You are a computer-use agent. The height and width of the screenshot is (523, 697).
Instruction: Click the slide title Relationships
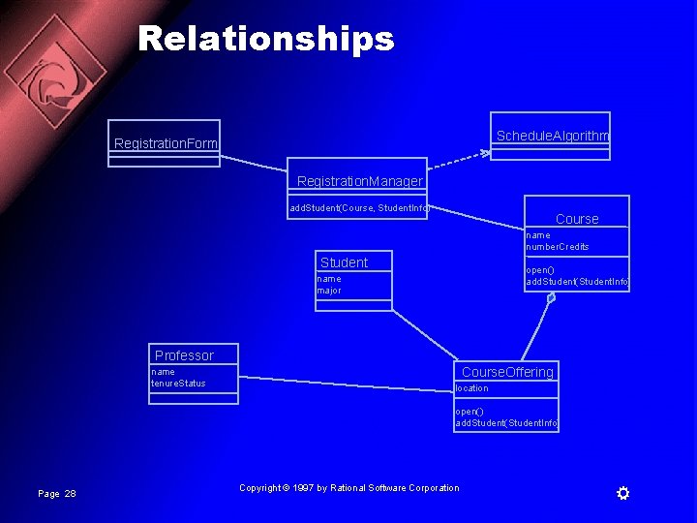(266, 39)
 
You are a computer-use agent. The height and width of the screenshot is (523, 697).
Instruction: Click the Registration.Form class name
(166, 144)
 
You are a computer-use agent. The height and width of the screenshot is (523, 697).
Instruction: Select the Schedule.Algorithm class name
(552, 136)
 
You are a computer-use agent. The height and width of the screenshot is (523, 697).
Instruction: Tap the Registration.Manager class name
(359, 181)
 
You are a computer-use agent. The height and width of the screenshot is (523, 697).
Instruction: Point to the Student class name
(344, 262)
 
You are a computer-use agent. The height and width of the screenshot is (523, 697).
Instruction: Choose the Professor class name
(184, 355)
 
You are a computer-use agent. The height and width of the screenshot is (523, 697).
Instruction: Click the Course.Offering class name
(507, 372)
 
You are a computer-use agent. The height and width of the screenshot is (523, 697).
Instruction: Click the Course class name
(577, 219)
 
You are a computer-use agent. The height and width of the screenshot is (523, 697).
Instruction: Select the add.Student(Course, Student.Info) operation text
(359, 207)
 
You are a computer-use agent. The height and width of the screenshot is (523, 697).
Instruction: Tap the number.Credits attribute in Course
(557, 247)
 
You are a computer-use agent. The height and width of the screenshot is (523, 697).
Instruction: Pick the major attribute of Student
(329, 291)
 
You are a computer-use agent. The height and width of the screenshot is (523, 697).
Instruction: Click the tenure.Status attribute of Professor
(178, 384)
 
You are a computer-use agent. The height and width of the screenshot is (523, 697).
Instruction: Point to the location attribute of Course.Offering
(471, 388)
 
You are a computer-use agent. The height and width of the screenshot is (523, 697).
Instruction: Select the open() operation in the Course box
(540, 270)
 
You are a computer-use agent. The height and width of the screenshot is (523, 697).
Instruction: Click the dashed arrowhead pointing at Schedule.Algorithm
(484, 152)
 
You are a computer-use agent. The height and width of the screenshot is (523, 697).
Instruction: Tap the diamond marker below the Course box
(551, 298)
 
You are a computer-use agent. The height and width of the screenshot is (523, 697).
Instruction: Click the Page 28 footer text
(56, 494)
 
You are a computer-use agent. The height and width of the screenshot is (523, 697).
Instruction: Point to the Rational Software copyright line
(349, 488)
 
